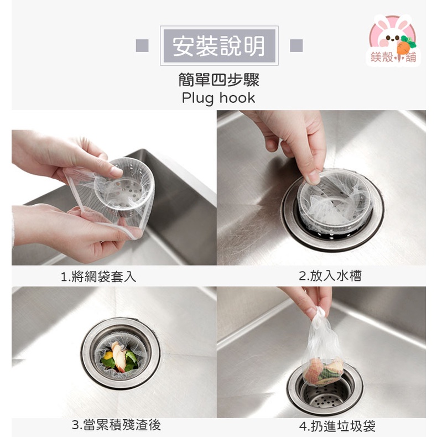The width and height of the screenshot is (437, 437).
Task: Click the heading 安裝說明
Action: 218,46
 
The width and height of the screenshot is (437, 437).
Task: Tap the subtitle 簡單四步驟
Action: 218,80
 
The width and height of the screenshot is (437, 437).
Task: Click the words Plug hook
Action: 218,98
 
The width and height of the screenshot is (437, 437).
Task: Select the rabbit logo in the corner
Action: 393,40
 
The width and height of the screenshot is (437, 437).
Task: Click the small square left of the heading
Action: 142,46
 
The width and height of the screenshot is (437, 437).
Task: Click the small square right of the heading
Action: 296,46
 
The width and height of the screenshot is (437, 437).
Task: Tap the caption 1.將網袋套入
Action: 98,277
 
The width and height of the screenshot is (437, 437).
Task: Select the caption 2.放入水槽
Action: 330,276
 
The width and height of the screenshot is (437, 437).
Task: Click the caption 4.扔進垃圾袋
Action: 337,426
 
